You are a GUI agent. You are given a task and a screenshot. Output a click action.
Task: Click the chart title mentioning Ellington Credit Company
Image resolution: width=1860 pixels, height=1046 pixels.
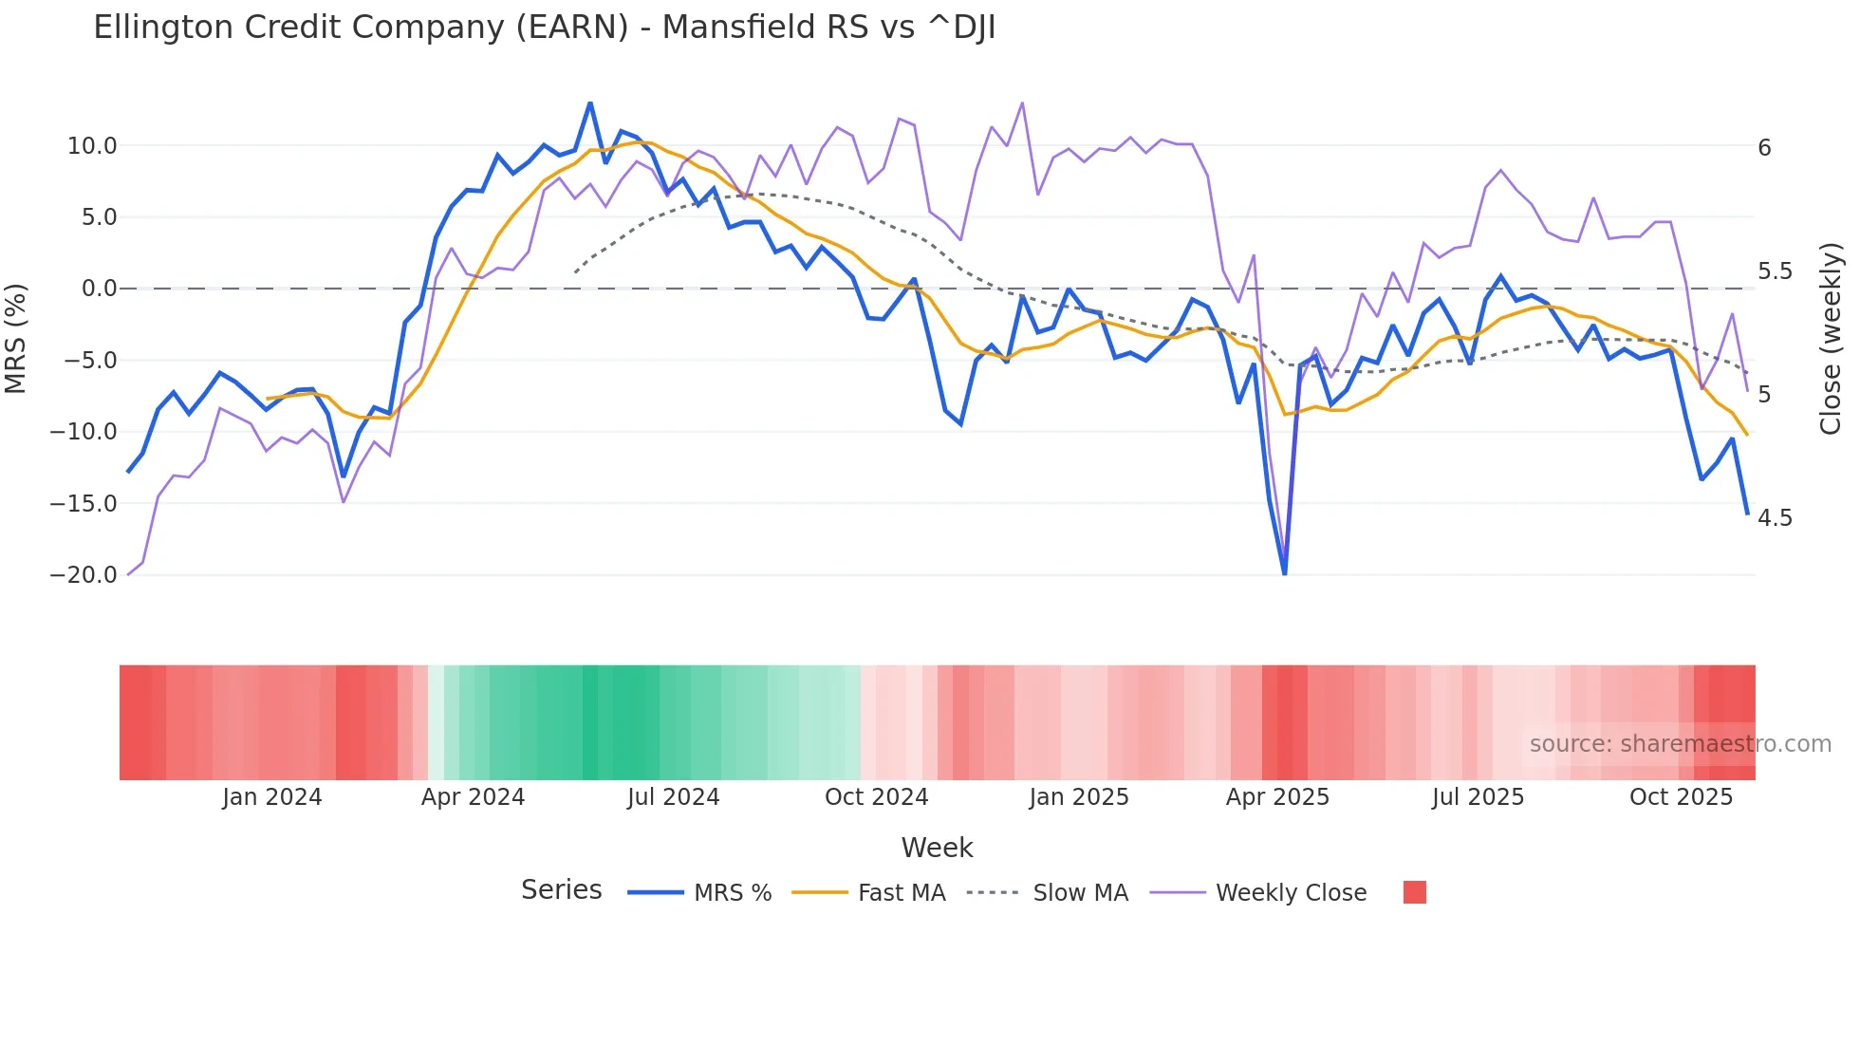pyautogui.click(x=544, y=28)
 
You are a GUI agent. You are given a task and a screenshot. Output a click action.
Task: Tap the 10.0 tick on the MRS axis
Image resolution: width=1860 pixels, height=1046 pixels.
pyautogui.click(x=91, y=146)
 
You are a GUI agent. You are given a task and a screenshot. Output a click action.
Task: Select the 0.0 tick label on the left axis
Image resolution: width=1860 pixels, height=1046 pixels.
pyautogui.click(x=99, y=289)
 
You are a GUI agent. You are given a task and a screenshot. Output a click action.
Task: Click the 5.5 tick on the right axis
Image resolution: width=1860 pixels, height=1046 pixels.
pyautogui.click(x=1775, y=271)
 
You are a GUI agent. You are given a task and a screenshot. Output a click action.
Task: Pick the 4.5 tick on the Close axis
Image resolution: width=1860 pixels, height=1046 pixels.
pyautogui.click(x=1775, y=518)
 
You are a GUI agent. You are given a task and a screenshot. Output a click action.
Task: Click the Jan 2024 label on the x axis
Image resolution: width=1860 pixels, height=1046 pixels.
pyautogui.click(x=272, y=797)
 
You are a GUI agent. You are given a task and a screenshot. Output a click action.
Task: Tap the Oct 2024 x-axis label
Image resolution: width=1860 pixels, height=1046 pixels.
pyautogui.click(x=876, y=797)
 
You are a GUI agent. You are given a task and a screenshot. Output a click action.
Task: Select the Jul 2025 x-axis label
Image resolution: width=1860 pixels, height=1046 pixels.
pyautogui.click(x=1478, y=797)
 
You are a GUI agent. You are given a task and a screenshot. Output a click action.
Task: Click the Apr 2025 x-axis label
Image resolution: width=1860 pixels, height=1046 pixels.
pyautogui.click(x=1277, y=797)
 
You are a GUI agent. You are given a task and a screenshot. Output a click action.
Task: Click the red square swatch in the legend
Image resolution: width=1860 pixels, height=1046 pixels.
pyautogui.click(x=1414, y=892)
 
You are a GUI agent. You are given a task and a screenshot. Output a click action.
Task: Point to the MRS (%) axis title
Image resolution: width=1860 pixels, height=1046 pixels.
pyautogui.click(x=16, y=338)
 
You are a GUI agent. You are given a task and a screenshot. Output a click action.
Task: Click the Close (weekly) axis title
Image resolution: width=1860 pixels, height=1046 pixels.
pyautogui.click(x=1831, y=338)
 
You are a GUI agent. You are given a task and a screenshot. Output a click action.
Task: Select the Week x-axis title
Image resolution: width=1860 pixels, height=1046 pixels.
pyautogui.click(x=937, y=848)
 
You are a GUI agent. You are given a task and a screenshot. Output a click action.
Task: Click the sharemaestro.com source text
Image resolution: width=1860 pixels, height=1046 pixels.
pyautogui.click(x=1680, y=744)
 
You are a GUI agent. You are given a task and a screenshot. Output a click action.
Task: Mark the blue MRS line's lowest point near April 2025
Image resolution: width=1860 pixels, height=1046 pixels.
pyautogui.click(x=1285, y=573)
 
